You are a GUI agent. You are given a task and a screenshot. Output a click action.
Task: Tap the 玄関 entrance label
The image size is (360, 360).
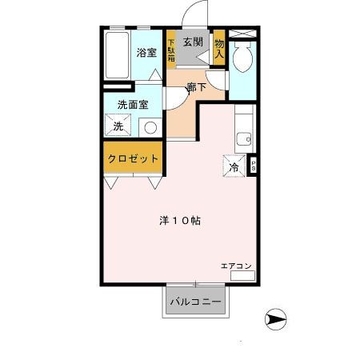193,42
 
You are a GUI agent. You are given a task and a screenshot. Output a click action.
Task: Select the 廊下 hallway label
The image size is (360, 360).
197,88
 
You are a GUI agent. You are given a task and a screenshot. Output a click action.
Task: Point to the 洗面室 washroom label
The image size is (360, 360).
133,105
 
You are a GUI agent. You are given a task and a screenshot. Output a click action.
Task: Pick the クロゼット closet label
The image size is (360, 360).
133,158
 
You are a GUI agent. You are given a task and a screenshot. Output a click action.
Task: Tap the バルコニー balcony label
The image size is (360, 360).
197,302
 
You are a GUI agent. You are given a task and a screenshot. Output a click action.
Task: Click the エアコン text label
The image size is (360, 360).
238,265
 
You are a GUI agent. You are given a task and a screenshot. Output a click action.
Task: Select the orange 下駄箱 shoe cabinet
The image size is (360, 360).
171,49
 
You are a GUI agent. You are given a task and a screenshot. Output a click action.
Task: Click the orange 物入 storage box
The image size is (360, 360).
218,49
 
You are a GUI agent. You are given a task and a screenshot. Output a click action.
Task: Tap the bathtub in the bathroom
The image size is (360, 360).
116,55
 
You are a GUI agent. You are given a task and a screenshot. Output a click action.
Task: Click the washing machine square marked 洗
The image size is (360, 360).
117,126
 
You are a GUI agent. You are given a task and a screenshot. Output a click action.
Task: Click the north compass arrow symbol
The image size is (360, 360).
275,319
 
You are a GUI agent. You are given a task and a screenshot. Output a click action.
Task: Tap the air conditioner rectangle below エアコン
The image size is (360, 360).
242,275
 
